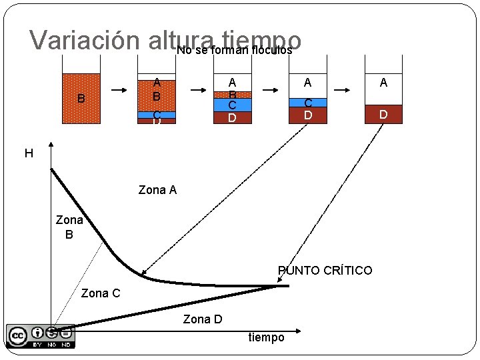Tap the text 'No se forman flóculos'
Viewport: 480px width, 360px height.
(235, 49)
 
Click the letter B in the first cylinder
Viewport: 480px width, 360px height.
(81, 99)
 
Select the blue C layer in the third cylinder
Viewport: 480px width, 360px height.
(232, 105)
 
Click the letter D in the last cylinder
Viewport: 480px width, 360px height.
(383, 115)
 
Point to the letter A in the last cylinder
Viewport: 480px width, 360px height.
(383, 83)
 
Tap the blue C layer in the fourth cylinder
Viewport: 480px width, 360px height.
(308, 103)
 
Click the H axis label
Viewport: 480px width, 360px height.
(29, 154)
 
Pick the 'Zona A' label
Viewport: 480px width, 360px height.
(157, 190)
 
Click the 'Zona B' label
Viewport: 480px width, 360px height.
(69, 227)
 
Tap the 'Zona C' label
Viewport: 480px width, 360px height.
(101, 293)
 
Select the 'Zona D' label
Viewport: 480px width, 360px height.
(203, 319)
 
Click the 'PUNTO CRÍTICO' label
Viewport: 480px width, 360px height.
(325, 271)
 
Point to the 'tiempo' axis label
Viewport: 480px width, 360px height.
(266, 337)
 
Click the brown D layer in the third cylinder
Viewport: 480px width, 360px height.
(232, 118)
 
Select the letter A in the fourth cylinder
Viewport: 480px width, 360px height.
(307, 83)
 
